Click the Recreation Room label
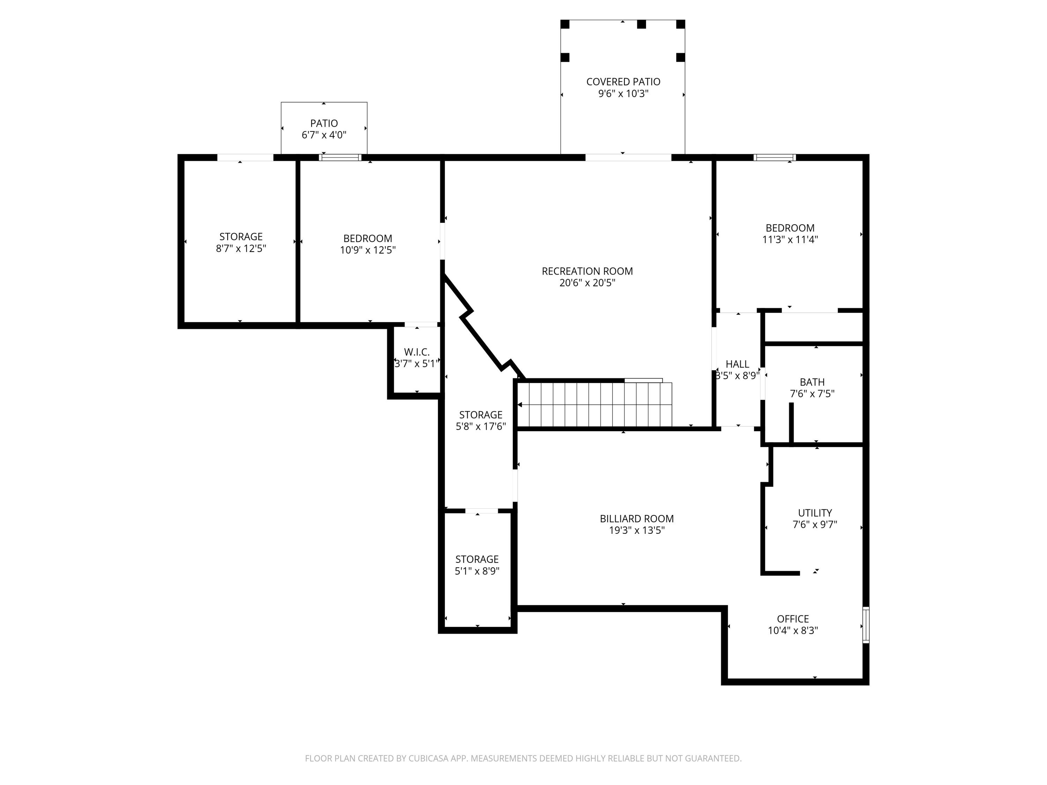(587, 271)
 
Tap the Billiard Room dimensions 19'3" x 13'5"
(637, 530)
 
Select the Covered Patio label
(623, 82)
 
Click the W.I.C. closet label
(416, 352)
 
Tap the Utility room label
(815, 513)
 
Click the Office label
(793, 619)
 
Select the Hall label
(737, 364)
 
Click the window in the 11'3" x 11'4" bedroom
(774, 158)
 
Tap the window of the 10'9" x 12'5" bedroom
(340, 158)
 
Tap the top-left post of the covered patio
(565, 24)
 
